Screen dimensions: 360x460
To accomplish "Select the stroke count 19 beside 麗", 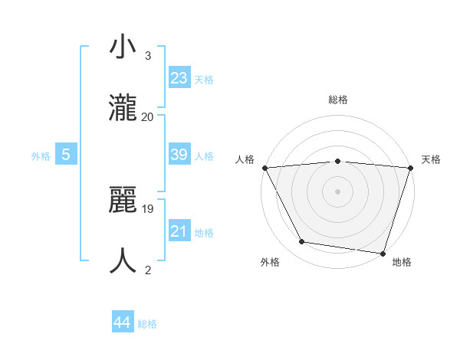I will pos(149,208).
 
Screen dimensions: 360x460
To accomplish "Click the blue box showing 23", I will pos(179,77).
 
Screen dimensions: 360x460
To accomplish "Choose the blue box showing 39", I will pos(179,155).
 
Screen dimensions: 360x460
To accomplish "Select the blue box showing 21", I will pos(179,231).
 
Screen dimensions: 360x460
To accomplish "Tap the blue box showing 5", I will pos(66,155).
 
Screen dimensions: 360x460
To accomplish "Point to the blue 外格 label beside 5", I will pos(41,156).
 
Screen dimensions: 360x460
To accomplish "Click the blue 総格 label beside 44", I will pos(147,324).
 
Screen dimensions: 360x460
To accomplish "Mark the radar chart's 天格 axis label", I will pos(431,159).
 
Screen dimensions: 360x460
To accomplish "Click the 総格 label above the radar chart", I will pos(338,100).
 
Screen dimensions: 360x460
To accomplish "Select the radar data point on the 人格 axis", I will pos(265,167).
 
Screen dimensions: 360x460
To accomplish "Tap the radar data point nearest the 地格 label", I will pos(383,253).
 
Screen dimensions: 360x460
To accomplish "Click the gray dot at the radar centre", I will pos(338,191).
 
